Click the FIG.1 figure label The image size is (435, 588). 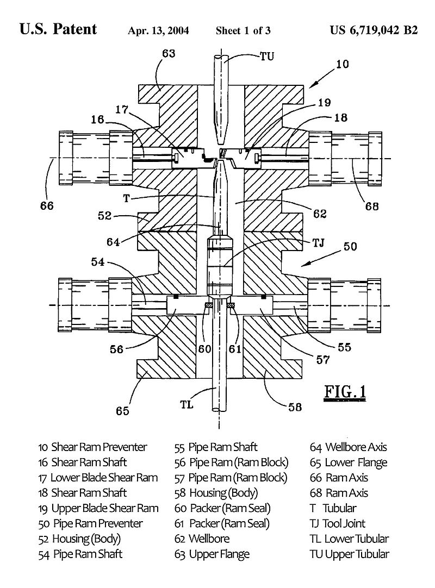pos(345,391)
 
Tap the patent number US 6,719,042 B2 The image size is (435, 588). pos(374,30)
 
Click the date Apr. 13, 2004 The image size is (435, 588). pos(158,30)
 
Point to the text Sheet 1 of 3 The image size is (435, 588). pos(243,30)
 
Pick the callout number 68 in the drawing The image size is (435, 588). pos(371,206)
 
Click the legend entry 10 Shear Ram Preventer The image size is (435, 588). pos(92,447)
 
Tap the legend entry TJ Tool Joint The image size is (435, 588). pos(337,523)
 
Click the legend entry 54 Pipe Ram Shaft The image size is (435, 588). pos(80,554)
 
